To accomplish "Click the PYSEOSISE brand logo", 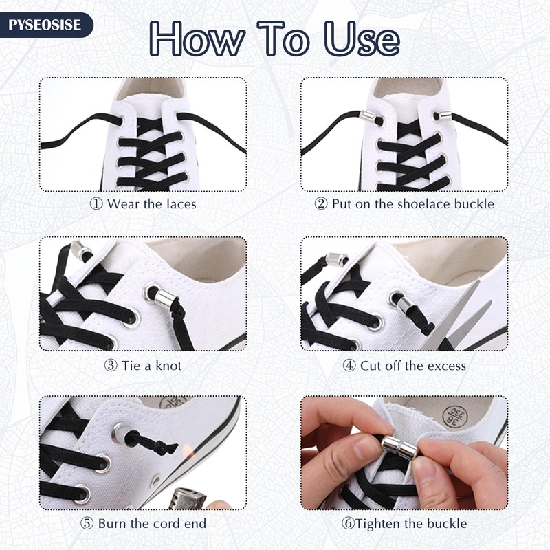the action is point(45,25).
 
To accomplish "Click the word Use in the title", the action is point(362,38).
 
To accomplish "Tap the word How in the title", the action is point(197,38).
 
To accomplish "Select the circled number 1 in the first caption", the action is point(96,203).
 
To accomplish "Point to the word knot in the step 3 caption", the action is point(168,366).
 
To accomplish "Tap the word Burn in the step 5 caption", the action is point(112,524).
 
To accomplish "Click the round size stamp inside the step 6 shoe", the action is point(455,417).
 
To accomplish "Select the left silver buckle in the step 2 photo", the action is point(367,115).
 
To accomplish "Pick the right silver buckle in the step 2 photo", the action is point(445,115).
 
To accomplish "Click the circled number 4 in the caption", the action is point(349,366).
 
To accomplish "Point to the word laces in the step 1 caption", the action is point(181,203).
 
